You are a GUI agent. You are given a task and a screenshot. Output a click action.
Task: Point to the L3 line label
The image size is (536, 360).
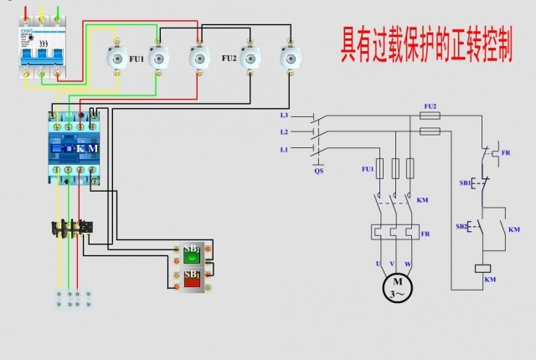click(285, 115)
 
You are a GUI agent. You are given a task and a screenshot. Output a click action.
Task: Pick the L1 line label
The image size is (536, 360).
click(285, 149)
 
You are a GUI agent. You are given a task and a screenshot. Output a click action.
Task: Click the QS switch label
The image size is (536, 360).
click(319, 170)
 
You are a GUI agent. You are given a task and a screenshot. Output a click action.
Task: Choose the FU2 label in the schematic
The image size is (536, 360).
click(430, 106)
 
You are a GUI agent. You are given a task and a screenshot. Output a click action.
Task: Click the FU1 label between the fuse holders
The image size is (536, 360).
click(135, 59)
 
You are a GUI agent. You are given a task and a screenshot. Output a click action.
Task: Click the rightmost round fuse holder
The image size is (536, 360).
click(290, 57)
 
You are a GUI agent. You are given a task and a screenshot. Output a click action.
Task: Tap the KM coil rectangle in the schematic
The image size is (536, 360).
click(482, 268)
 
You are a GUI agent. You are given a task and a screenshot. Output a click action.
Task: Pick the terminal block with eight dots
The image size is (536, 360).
click(74, 299)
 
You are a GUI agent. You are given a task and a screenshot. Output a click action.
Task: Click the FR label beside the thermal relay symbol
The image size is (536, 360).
click(426, 234)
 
